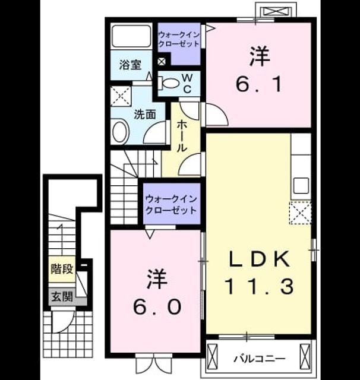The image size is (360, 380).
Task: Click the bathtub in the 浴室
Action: tap(131, 36)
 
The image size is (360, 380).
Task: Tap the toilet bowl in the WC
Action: tap(169, 83)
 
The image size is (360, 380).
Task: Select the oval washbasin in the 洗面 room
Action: tap(120, 132)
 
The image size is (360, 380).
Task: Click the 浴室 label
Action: tap(131, 65)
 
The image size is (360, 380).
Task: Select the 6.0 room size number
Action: tap(157, 306)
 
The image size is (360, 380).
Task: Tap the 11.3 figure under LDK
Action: tap(260, 286)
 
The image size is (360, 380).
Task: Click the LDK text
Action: tap(260, 259)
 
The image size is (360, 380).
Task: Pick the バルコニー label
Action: tap(260, 359)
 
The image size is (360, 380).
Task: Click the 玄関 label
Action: tap(62, 296)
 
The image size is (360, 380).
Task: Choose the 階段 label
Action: tap(62, 268)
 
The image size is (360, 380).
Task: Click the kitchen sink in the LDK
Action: tap(301, 185)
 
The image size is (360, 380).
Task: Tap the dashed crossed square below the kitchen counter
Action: tap(301, 213)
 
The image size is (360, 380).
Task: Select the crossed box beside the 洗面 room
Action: tap(121, 96)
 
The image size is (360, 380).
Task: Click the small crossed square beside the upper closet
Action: tap(162, 62)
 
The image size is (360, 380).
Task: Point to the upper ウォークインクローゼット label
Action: tap(179, 39)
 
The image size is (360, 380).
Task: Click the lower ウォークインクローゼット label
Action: tap(172, 205)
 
